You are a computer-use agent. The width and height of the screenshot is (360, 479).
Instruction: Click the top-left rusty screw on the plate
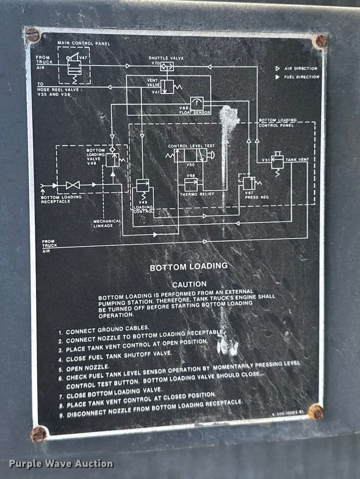[33, 34]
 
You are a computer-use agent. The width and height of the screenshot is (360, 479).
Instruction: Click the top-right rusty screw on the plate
[320, 41]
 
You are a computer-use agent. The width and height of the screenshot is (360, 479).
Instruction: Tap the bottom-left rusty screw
[38, 434]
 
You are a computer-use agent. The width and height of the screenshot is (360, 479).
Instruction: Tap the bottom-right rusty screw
[315, 411]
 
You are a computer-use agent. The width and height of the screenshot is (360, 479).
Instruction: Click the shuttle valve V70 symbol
[166, 67]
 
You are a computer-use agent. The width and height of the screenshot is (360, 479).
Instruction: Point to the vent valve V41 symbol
[167, 87]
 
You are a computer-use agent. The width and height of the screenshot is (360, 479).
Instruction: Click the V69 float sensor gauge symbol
[196, 103]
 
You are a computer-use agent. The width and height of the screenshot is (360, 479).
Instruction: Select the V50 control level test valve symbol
[191, 155]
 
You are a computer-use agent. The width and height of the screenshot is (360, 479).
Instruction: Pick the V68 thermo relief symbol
[191, 184]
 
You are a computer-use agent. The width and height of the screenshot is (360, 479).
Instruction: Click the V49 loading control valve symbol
[143, 185]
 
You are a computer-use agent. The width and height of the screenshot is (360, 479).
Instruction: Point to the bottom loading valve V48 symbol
[112, 159]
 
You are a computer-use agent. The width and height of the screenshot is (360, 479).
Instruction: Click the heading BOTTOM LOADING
[189, 267]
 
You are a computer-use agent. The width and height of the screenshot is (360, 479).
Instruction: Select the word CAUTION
[190, 284]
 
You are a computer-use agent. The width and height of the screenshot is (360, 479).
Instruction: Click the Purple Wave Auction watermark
[61, 464]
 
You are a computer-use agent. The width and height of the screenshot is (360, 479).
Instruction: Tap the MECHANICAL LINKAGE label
[107, 223]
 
